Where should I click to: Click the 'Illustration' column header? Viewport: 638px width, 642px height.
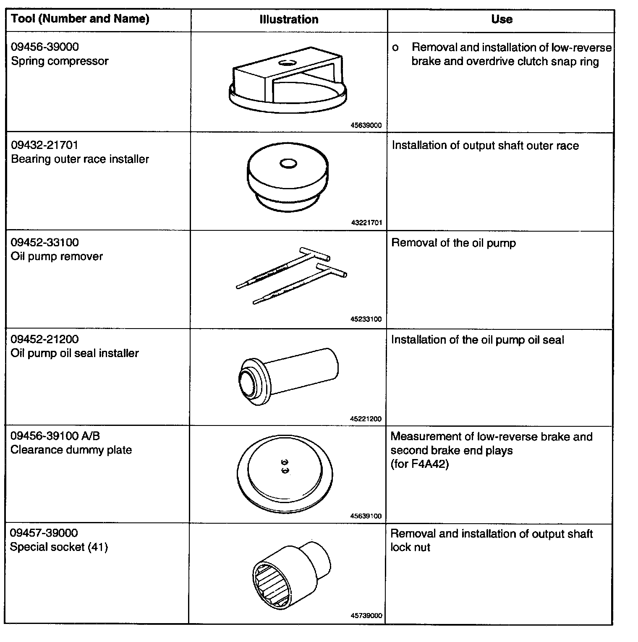[289, 19]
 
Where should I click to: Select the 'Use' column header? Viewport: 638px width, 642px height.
[502, 19]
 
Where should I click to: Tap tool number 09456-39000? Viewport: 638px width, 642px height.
[45, 47]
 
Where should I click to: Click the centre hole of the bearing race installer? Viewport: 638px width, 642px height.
[288, 163]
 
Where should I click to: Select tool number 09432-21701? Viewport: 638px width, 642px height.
[44, 145]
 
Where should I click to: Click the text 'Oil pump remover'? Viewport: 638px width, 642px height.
[57, 256]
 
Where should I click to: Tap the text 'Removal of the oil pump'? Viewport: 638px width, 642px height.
[453, 243]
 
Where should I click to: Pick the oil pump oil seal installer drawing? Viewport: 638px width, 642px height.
[288, 376]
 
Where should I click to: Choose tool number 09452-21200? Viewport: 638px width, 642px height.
[44, 339]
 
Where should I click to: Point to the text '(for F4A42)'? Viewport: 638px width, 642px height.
[419, 464]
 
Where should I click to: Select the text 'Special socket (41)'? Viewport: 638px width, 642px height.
[59, 547]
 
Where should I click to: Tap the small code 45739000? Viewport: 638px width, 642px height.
[366, 616]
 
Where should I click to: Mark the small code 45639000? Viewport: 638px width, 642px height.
[366, 125]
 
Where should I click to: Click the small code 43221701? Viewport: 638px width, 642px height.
[366, 223]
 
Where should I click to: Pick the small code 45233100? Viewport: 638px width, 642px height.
[366, 319]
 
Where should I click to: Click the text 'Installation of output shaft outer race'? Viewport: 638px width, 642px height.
[485, 146]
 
